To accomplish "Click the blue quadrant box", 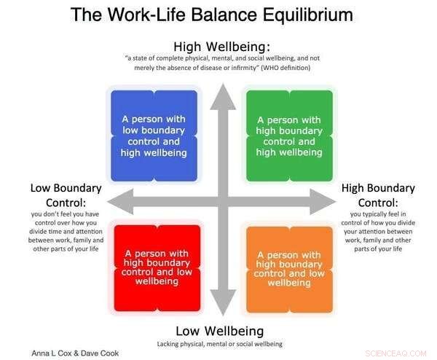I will coord(153,136).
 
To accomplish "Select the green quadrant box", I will coord(289,136).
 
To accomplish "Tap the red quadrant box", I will coord(154,267).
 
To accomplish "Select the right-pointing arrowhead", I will coord(325,202).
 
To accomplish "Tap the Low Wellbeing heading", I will coord(221,330).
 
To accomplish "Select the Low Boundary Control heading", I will coord(67,195).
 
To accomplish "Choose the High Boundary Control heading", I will coord(377,195).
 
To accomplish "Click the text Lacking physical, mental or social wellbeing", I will coord(219,343).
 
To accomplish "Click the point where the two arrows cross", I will coord(222,202).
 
